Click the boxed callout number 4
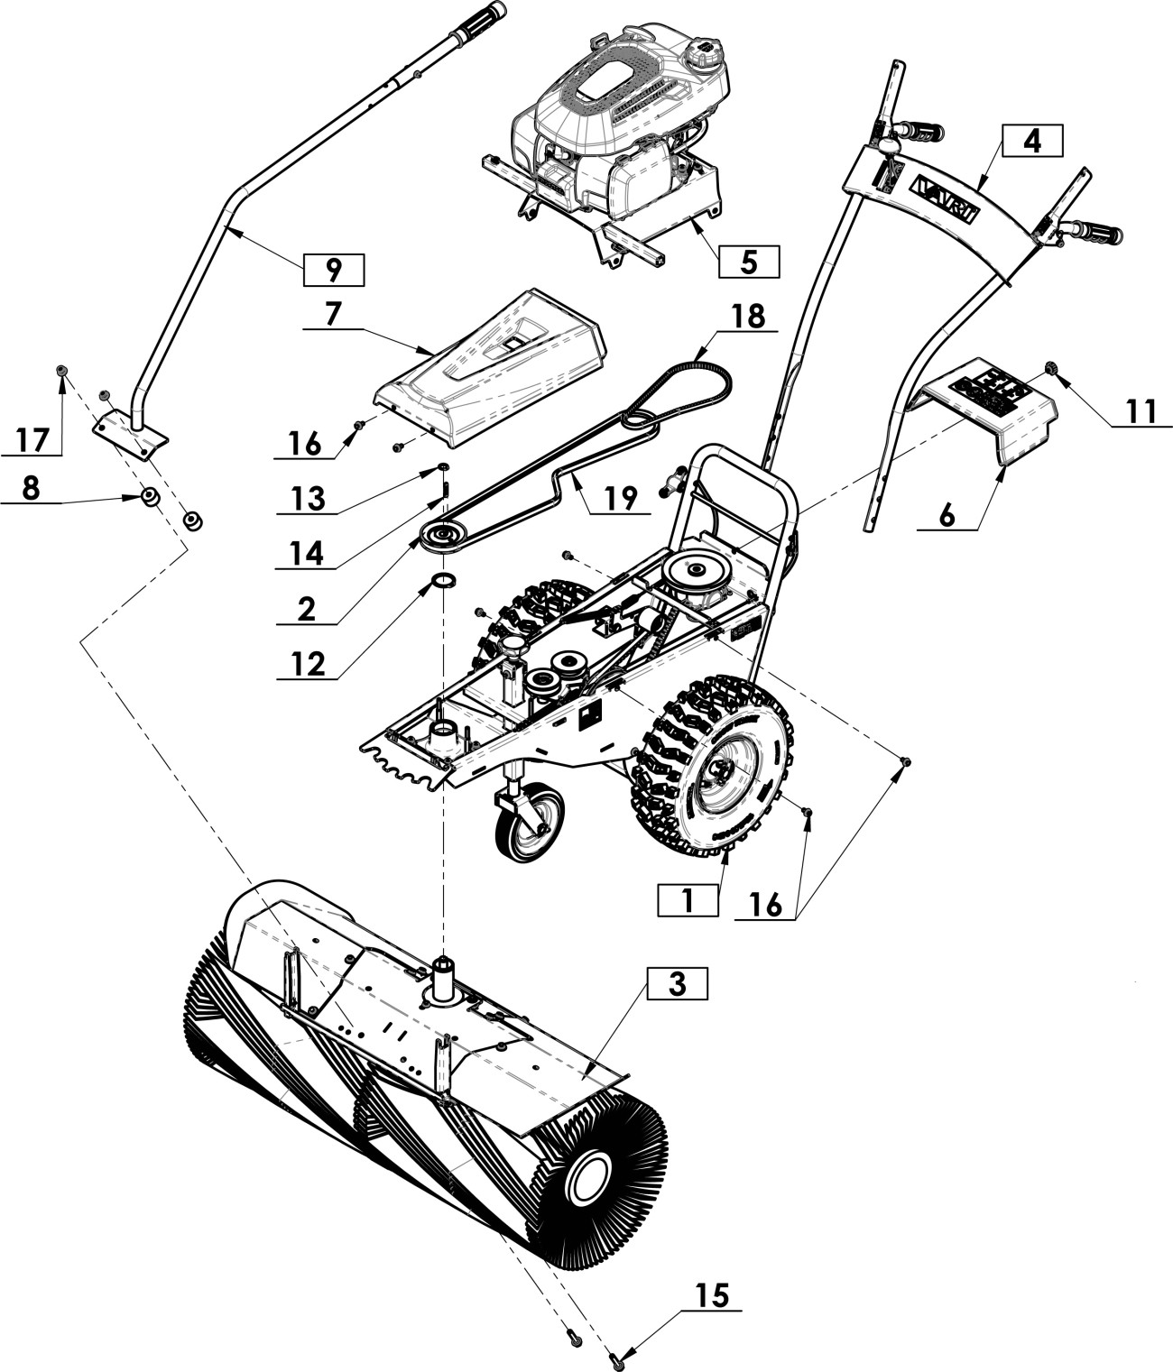(x=1032, y=141)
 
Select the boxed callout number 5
(x=749, y=262)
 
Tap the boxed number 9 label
(x=334, y=270)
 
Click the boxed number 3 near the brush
(x=677, y=984)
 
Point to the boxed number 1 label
(x=688, y=901)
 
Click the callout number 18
(x=749, y=318)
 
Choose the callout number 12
(x=308, y=665)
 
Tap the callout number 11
(x=1140, y=410)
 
